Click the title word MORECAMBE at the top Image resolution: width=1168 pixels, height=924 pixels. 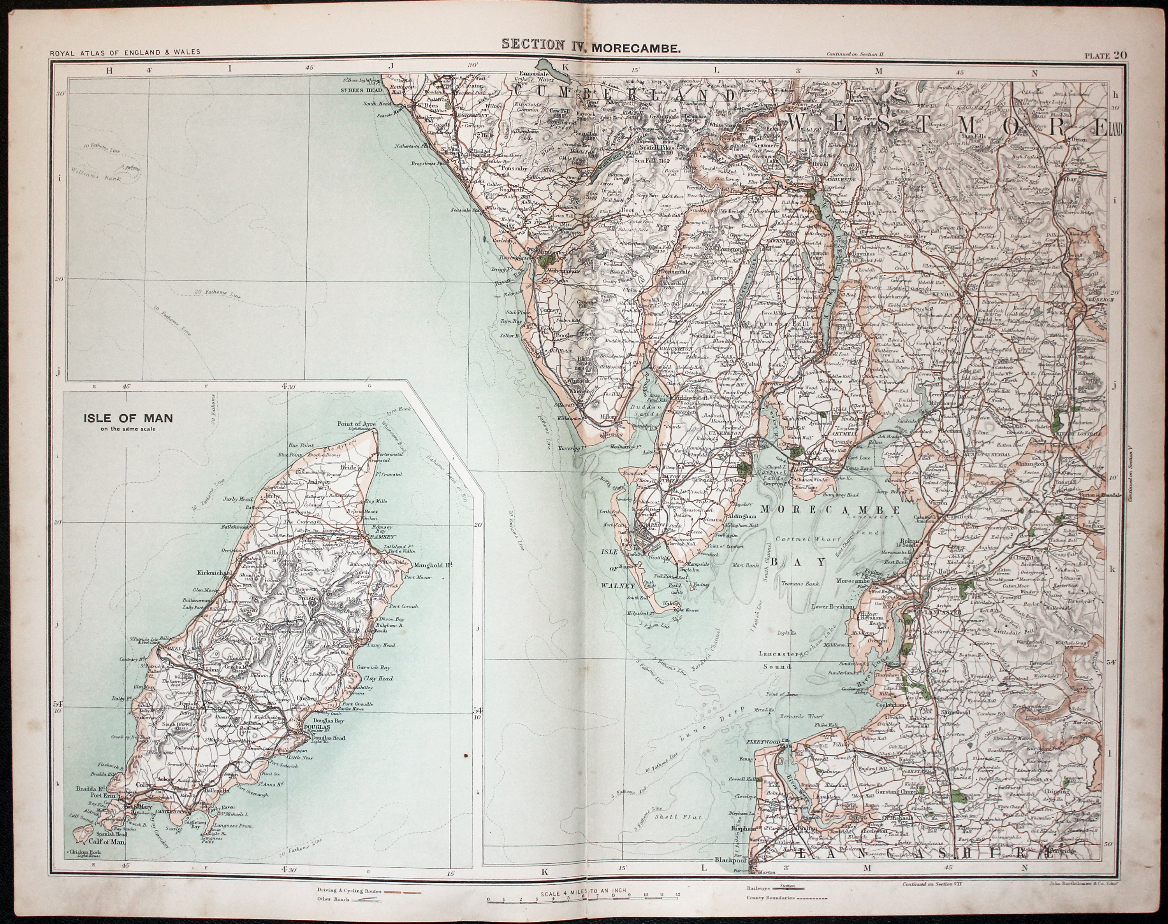635,48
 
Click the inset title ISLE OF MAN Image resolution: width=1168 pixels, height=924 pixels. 128,418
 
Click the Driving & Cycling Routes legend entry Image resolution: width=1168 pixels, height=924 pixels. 350,891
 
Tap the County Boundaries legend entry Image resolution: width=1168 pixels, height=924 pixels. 770,898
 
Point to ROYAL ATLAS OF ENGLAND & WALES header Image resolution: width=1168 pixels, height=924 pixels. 125,53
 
